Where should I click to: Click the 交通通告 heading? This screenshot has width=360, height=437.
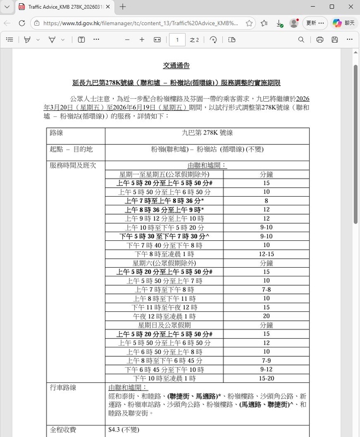(x=176, y=66)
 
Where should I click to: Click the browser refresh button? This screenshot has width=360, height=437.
(x=22, y=23)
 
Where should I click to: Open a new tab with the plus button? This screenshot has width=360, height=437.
(x=123, y=7)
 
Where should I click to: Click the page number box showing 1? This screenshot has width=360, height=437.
(x=177, y=40)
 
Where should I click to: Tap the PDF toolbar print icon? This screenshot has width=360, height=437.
(x=320, y=40)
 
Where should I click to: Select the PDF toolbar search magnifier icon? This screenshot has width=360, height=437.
(x=302, y=40)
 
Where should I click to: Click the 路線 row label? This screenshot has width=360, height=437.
(x=56, y=133)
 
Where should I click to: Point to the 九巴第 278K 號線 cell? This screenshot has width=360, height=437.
(x=206, y=133)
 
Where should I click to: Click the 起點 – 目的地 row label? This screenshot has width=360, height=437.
(x=70, y=149)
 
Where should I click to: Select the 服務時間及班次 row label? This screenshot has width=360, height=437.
(x=73, y=165)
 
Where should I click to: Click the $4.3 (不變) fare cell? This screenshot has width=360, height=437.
(x=124, y=429)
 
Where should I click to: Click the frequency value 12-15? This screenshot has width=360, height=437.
(x=267, y=254)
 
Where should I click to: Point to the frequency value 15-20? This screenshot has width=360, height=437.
(x=267, y=378)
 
